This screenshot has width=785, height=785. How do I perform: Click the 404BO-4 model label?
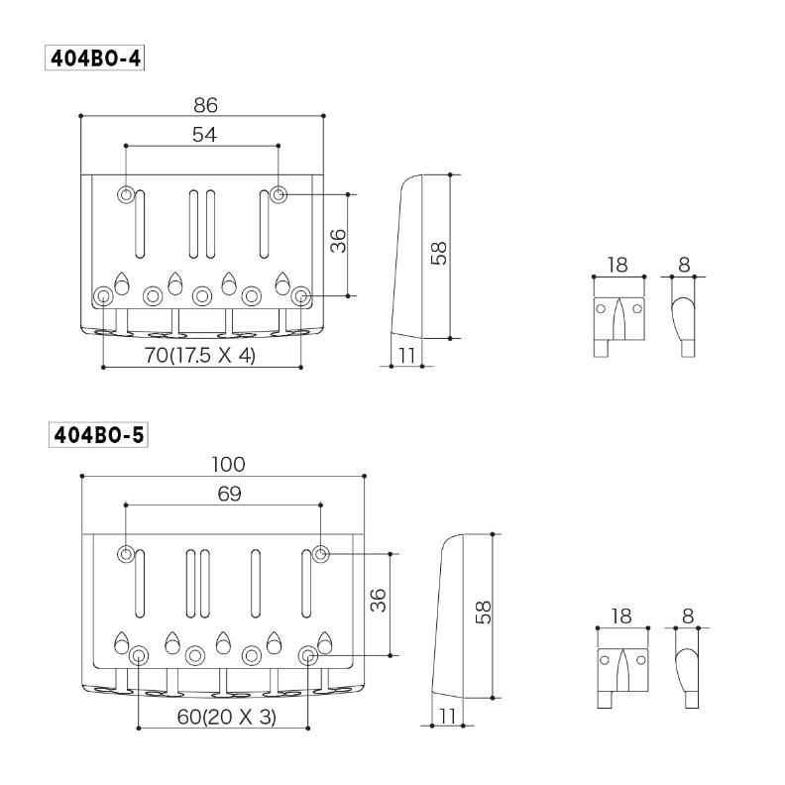click(x=95, y=58)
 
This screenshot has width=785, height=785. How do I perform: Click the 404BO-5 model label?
click(x=99, y=434)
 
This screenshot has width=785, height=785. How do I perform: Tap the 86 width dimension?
click(x=205, y=105)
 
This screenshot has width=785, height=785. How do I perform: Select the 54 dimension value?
click(x=204, y=134)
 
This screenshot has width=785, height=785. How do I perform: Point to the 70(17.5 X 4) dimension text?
click(x=200, y=356)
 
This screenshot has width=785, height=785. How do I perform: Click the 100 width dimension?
click(x=228, y=464)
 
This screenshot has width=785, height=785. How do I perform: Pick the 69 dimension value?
click(x=229, y=494)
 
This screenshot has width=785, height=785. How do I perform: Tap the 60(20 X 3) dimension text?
click(x=226, y=717)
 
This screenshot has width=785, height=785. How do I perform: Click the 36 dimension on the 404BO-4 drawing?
click(x=338, y=241)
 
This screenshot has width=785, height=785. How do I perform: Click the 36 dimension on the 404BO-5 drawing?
click(x=378, y=601)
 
